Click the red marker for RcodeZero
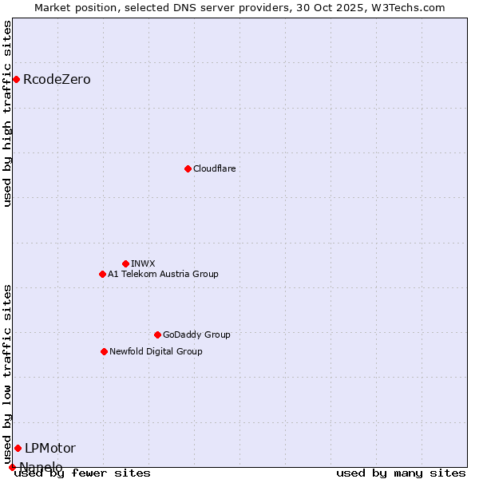(x=16, y=79)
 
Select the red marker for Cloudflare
(x=188, y=168)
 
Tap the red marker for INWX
(x=125, y=263)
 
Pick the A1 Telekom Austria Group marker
(x=102, y=274)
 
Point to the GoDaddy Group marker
(x=157, y=335)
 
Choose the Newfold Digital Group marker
(x=104, y=351)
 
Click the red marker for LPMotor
(x=18, y=448)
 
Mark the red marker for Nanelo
(x=12, y=467)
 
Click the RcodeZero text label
(x=57, y=79)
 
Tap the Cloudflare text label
(x=214, y=168)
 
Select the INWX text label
(x=143, y=263)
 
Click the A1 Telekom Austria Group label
(x=163, y=274)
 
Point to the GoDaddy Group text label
(x=196, y=335)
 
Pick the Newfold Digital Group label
(x=156, y=351)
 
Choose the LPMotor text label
(x=50, y=448)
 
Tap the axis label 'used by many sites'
(x=401, y=473)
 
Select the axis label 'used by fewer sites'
(x=82, y=473)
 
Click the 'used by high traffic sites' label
(x=7, y=113)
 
